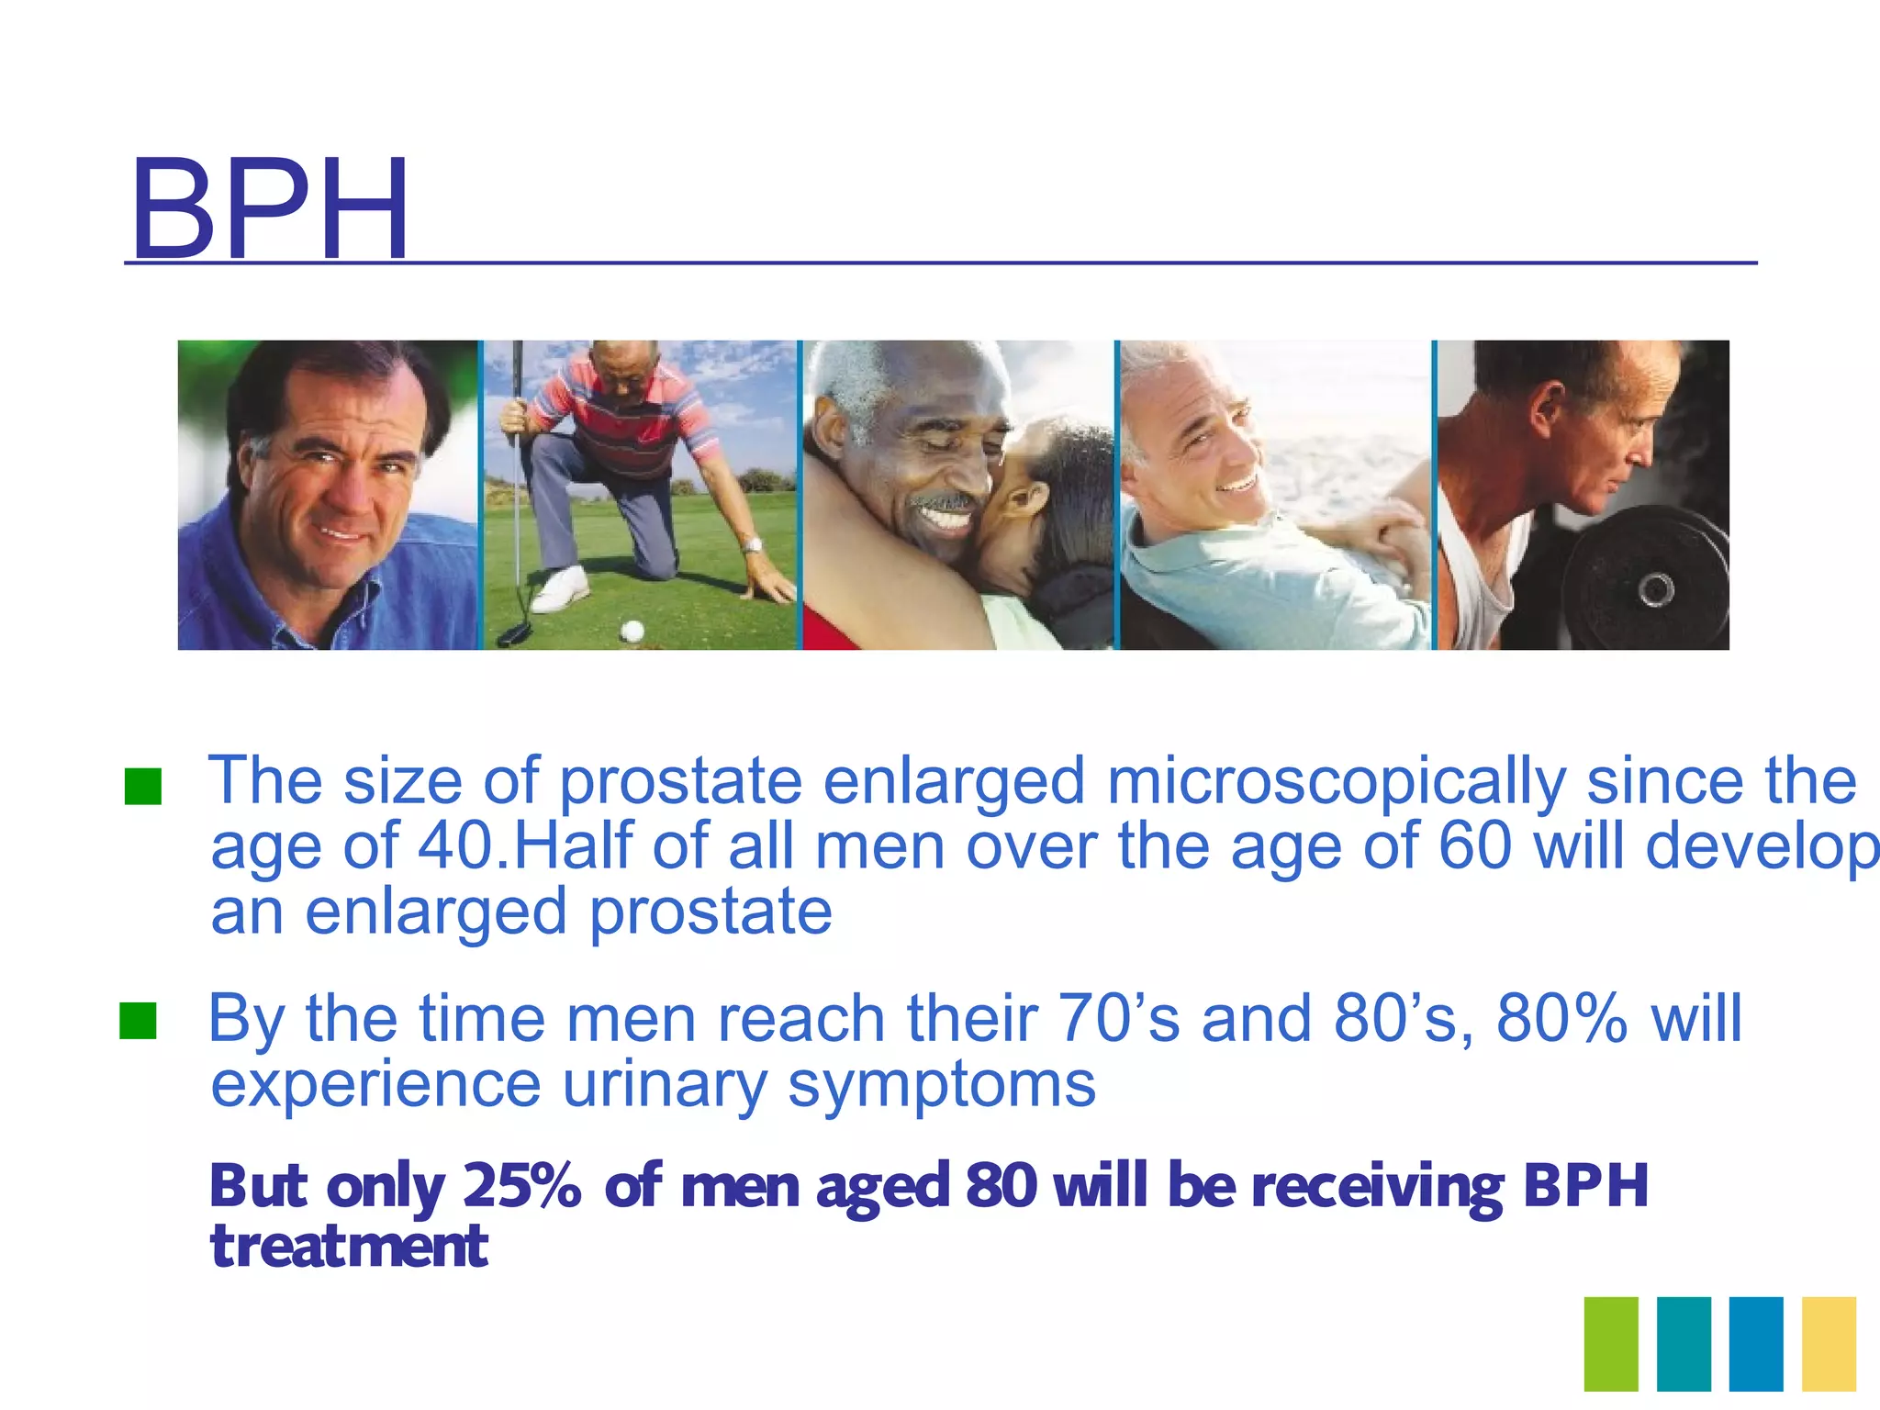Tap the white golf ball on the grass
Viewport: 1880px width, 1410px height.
[x=632, y=631]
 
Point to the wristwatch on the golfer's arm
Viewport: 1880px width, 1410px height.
[x=752, y=546]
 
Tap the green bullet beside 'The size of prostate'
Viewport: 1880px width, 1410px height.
[x=143, y=787]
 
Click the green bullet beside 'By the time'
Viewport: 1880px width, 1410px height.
[x=139, y=1021]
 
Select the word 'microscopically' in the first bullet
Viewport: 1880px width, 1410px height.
[x=1336, y=781]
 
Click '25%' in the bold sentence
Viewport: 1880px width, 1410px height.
[x=521, y=1185]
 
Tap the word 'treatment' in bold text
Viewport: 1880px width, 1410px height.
[x=349, y=1247]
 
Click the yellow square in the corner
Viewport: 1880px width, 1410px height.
[x=1829, y=1344]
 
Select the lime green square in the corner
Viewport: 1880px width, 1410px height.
[x=1611, y=1344]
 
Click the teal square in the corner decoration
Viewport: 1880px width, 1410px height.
[x=1684, y=1344]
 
